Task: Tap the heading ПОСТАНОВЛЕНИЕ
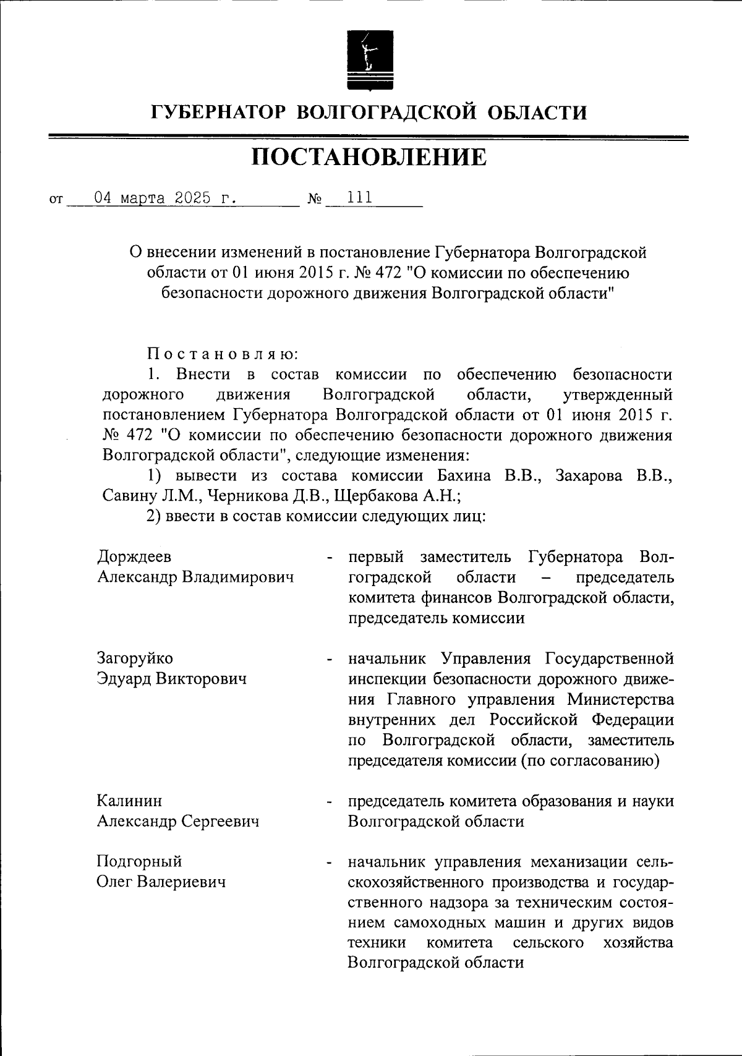point(369,158)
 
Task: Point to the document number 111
point(360,198)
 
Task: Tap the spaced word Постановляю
point(223,354)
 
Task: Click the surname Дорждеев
point(134,556)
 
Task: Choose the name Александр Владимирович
point(195,577)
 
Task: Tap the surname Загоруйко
point(135,658)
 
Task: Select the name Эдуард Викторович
point(172,678)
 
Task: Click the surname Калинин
point(129,801)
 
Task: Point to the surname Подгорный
point(139,861)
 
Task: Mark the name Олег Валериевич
point(160,882)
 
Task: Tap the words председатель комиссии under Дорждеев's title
point(436,618)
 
